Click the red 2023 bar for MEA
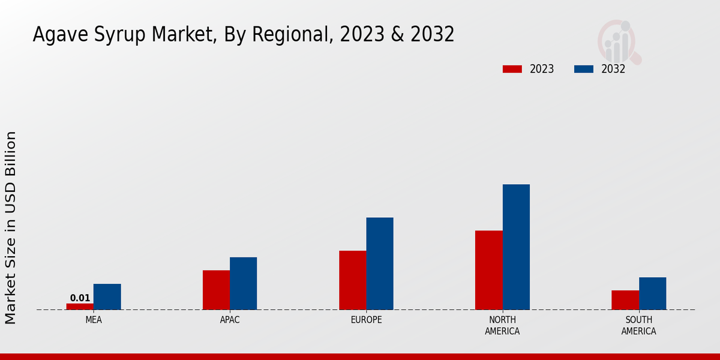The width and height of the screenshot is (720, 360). [80, 307]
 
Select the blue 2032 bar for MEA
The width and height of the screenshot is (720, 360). [107, 297]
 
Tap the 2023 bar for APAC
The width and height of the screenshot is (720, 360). [216, 290]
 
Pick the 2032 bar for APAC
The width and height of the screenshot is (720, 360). [243, 283]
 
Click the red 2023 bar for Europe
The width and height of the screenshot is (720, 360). [352, 280]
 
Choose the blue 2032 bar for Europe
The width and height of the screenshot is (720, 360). [380, 263]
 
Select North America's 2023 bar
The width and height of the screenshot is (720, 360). [488, 270]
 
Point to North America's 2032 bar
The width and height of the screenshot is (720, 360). [516, 247]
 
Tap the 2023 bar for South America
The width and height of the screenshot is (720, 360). [625, 300]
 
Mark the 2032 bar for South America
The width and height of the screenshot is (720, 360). [652, 293]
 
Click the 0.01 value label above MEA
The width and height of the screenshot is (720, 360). [80, 298]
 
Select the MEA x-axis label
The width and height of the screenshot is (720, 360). [94, 320]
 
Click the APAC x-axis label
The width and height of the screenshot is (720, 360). [230, 320]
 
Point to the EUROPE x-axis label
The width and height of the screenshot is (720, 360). [366, 320]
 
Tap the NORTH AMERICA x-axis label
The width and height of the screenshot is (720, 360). [502, 326]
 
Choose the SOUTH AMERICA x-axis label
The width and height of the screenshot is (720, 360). [638, 326]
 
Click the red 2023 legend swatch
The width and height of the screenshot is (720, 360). [512, 69]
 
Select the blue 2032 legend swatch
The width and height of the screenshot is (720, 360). [584, 69]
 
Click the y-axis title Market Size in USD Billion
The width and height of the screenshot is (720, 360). [11, 228]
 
